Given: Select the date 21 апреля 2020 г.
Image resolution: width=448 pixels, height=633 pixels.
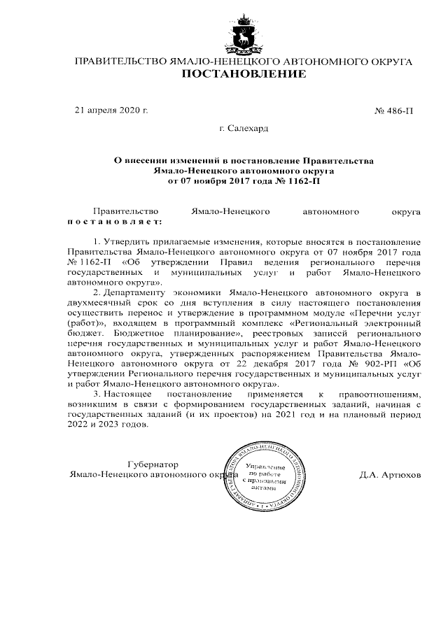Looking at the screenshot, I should pos(111,111).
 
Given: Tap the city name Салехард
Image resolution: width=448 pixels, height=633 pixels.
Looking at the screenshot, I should pos(244,128).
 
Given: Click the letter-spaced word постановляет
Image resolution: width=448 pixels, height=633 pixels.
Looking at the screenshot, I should pos(114,221).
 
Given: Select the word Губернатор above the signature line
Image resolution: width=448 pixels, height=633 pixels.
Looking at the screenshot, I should pos(153,464).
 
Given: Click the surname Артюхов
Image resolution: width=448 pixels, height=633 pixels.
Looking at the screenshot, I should pos(400,474).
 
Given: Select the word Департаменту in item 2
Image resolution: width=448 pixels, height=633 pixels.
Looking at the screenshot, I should pos(136,291).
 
